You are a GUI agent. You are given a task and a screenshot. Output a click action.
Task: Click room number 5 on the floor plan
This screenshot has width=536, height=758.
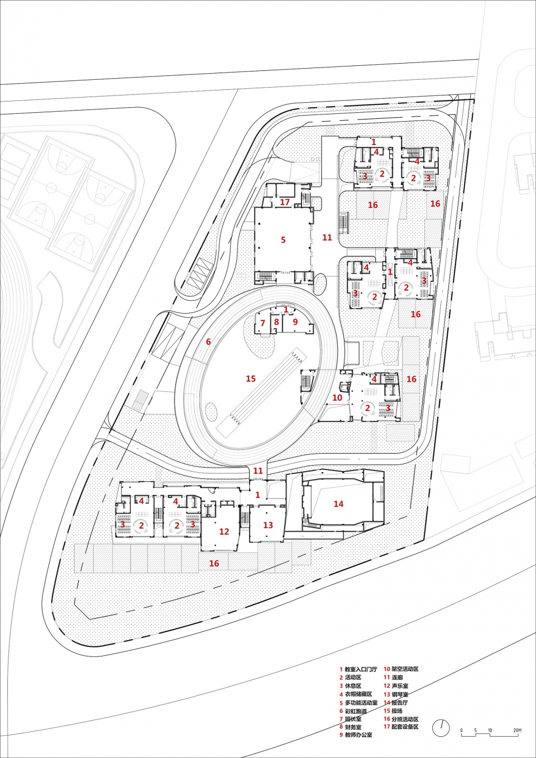pyautogui.click(x=283, y=240)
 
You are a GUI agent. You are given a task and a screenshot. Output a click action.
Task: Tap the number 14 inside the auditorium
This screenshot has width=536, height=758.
pyautogui.click(x=338, y=504)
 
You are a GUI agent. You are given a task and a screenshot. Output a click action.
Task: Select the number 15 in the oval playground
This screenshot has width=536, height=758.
pyautogui.click(x=251, y=378)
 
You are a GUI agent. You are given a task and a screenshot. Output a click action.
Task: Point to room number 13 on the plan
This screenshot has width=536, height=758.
pyautogui.click(x=268, y=525)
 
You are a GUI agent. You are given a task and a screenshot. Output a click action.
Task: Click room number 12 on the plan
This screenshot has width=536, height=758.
pyautogui.click(x=224, y=531)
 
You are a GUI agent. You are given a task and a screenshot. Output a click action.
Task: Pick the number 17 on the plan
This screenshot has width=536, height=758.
pyautogui.click(x=285, y=202)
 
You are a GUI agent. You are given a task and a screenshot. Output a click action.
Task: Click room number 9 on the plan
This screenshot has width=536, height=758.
pyautogui.click(x=276, y=322)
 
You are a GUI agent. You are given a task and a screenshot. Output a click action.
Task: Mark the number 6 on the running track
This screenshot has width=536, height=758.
pyautogui.click(x=295, y=322)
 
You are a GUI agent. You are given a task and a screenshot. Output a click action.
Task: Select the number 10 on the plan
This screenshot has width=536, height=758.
pyautogui.click(x=337, y=397)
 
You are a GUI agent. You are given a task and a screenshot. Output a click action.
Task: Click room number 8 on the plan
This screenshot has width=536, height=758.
pyautogui.click(x=276, y=322)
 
